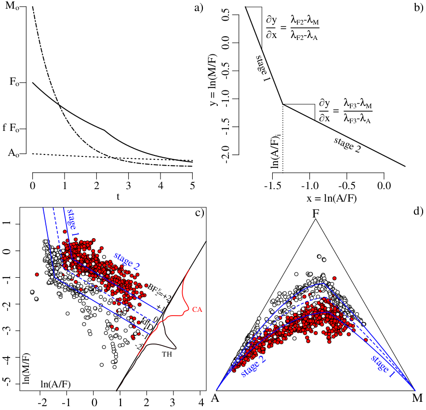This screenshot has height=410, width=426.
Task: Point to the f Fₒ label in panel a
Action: coord(12,128)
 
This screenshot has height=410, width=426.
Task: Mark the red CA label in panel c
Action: coord(197,309)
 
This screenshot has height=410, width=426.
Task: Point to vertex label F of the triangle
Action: coord(316,211)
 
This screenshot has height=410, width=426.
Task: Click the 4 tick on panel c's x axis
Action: coord(200,401)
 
